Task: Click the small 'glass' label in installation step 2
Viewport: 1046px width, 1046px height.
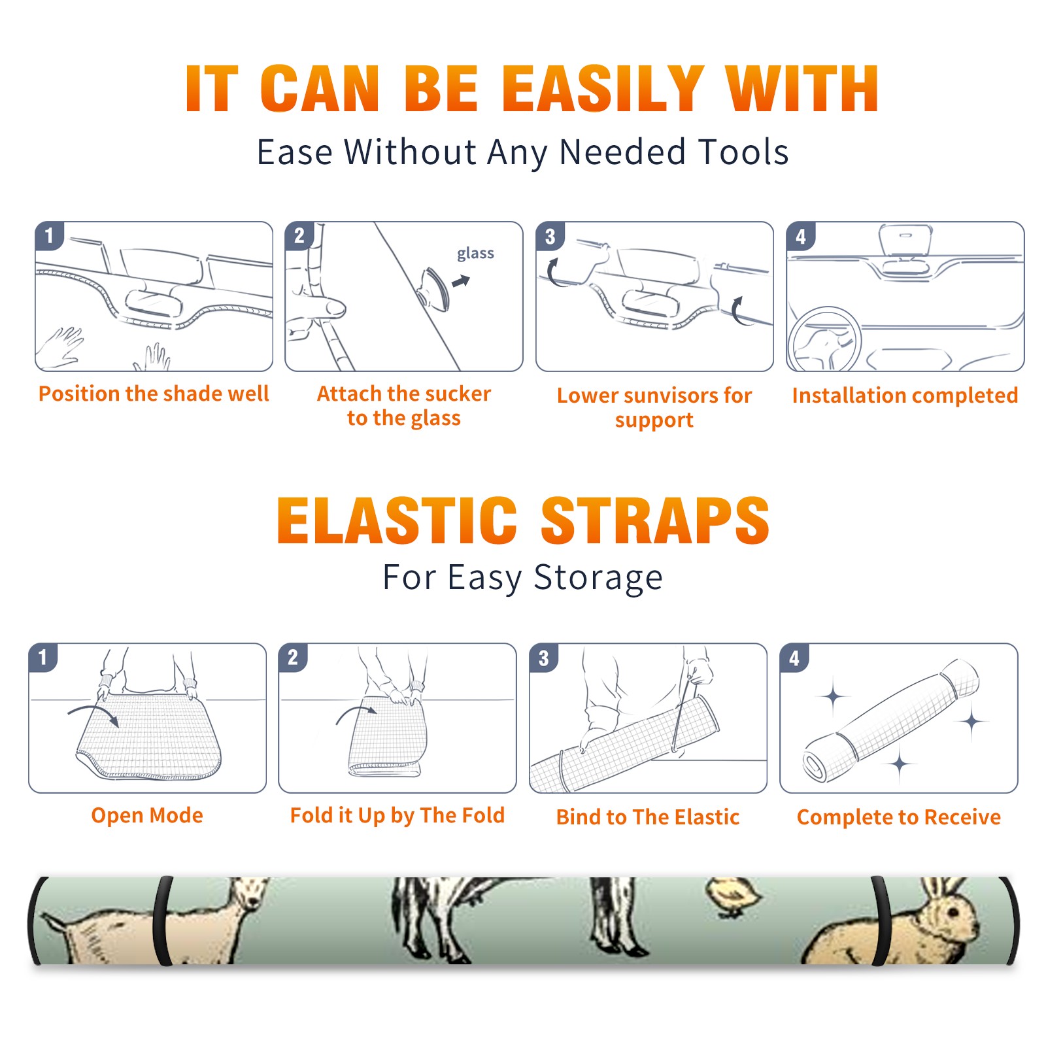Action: pyautogui.click(x=475, y=254)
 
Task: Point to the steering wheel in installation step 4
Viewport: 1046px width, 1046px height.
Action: pyautogui.click(x=824, y=339)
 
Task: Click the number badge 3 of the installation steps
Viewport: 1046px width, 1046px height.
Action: pyautogui.click(x=550, y=236)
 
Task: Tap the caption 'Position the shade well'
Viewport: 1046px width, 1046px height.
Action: pyautogui.click(x=154, y=394)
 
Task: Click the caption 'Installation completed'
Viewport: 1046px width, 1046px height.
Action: pyautogui.click(x=905, y=396)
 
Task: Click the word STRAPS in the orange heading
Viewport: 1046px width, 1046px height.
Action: pyautogui.click(x=656, y=520)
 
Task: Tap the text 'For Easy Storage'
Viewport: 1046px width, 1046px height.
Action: pyautogui.click(x=523, y=577)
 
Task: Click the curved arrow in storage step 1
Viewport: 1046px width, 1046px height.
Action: pyautogui.click(x=93, y=709)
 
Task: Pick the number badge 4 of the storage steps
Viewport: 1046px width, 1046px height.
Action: pyautogui.click(x=794, y=657)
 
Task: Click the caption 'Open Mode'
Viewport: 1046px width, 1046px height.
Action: pyautogui.click(x=147, y=815)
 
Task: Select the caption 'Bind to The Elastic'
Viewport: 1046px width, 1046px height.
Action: pyautogui.click(x=648, y=817)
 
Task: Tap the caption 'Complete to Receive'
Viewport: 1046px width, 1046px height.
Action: pyautogui.click(x=899, y=817)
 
